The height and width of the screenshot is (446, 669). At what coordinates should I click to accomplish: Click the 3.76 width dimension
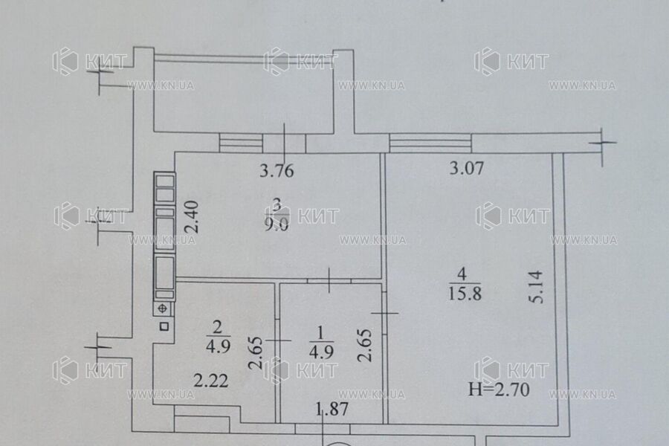tap(277, 171)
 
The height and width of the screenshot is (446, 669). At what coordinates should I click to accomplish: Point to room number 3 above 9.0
tap(277, 203)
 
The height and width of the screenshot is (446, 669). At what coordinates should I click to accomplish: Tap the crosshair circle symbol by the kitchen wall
tap(162, 308)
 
